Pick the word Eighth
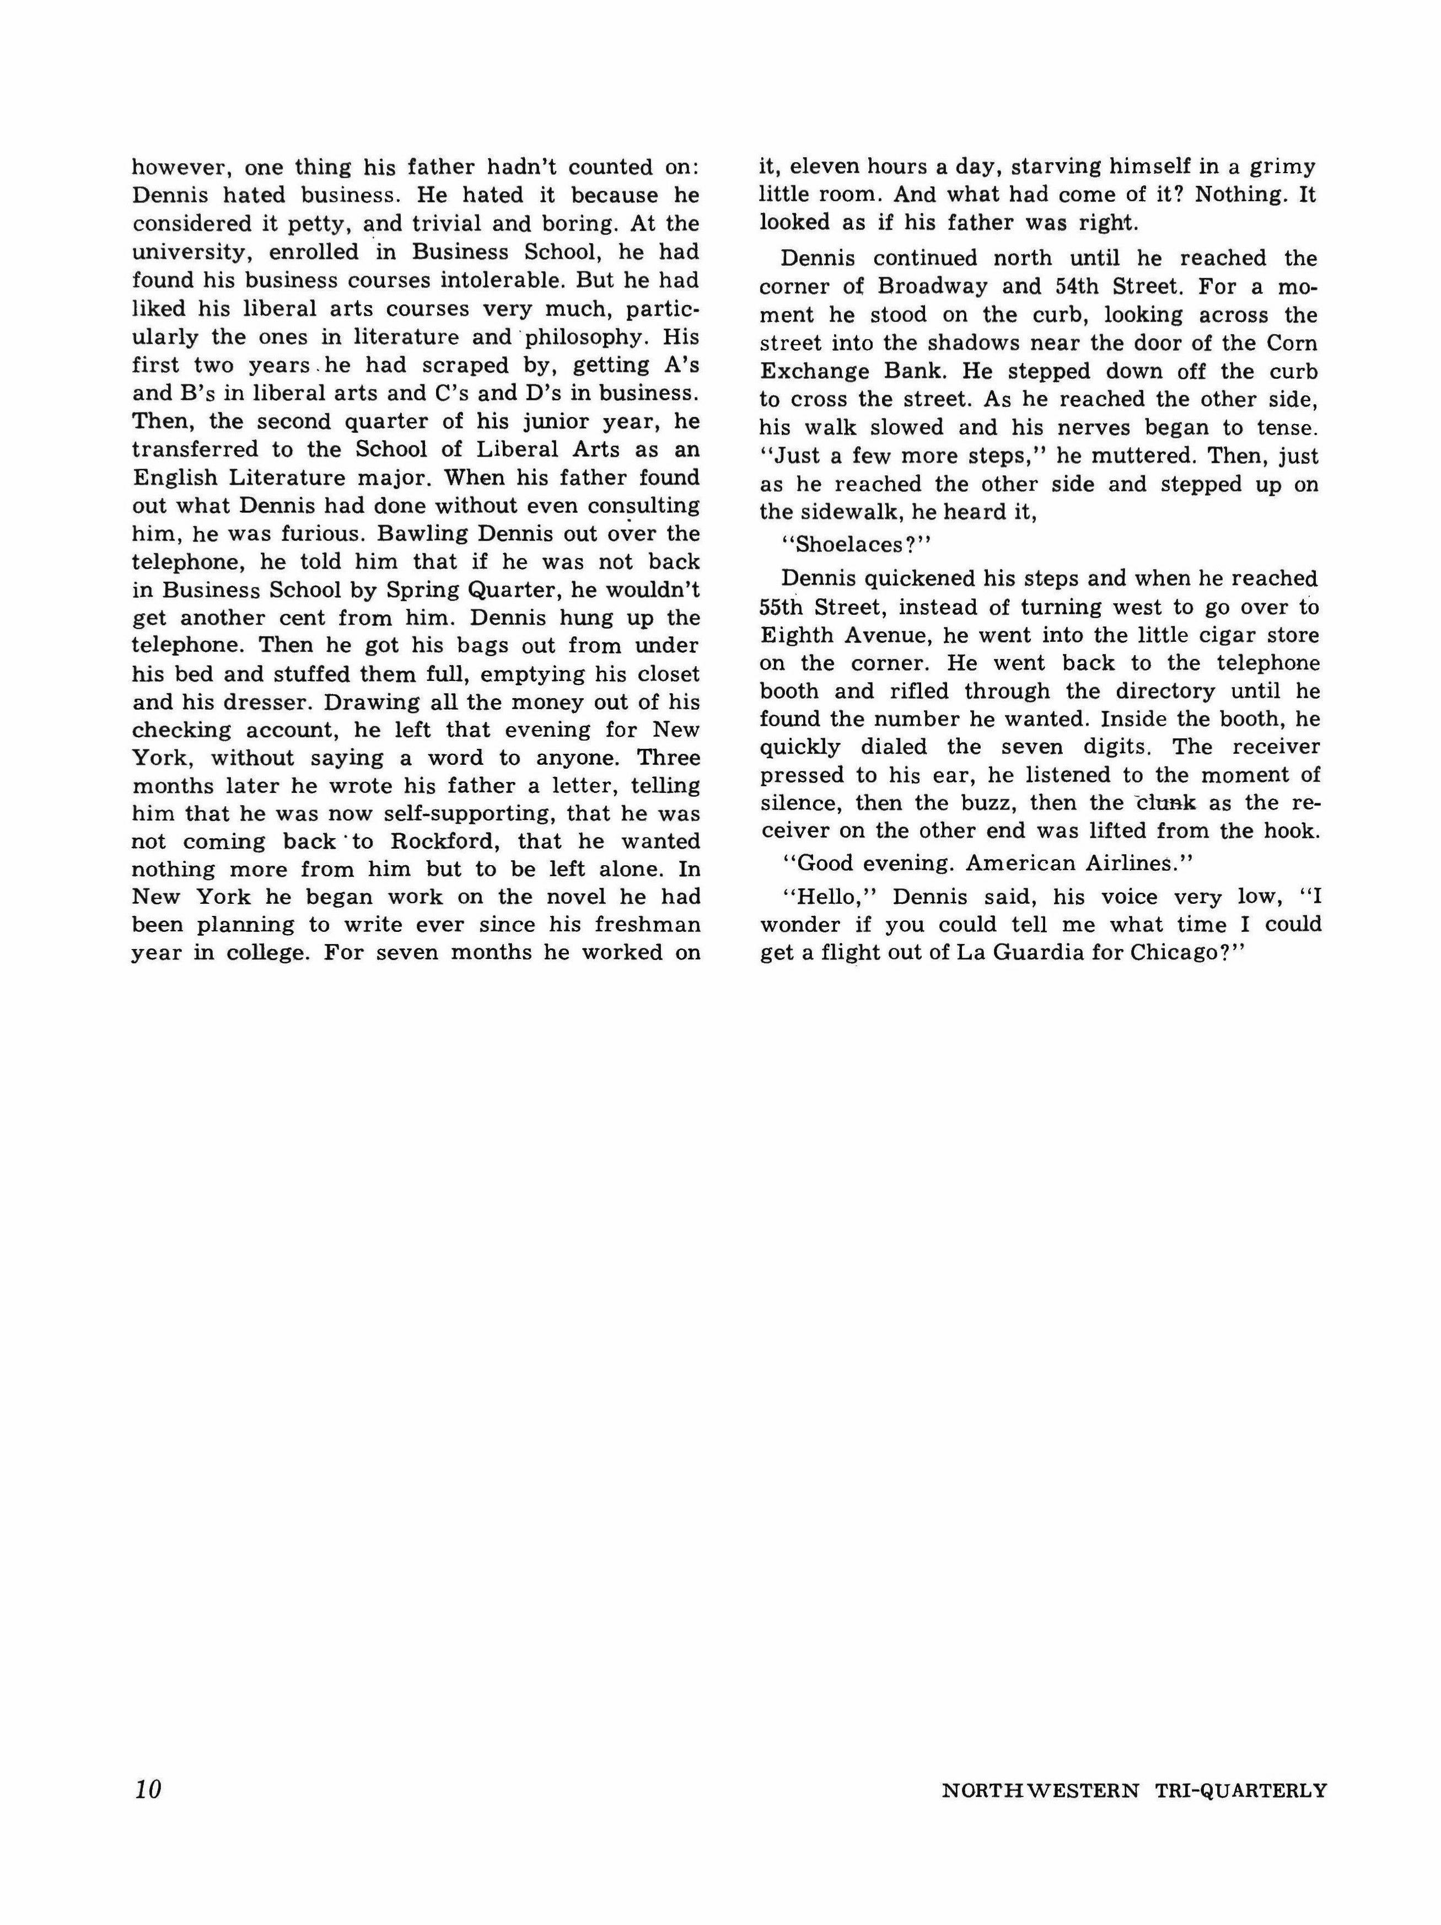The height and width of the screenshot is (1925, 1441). tap(796, 635)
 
